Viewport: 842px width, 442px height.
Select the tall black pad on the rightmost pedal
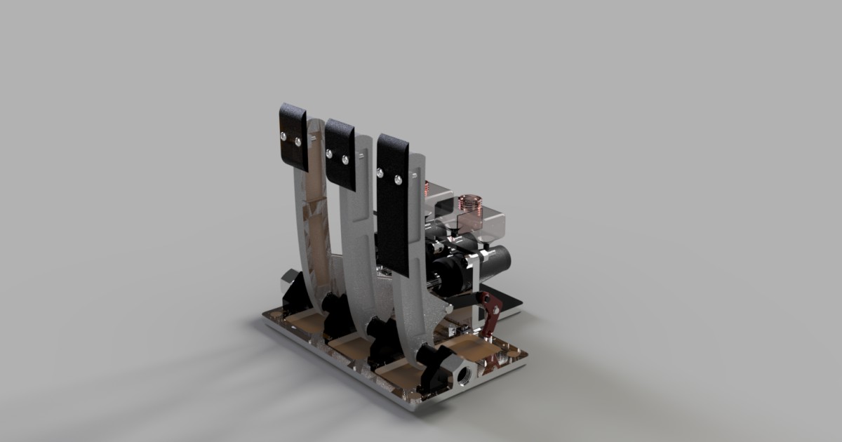pyautogui.click(x=393, y=203)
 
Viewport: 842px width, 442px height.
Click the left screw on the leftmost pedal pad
pyautogui.click(x=283, y=134)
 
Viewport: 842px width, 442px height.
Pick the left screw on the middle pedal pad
pyautogui.click(x=330, y=152)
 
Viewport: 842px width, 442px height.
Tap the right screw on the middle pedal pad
pyautogui.click(x=345, y=160)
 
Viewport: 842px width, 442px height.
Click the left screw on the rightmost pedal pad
pyautogui.click(x=380, y=171)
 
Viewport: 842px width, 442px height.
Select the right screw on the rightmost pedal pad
pyautogui.click(x=397, y=180)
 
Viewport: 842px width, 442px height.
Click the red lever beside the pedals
pyautogui.click(x=492, y=312)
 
